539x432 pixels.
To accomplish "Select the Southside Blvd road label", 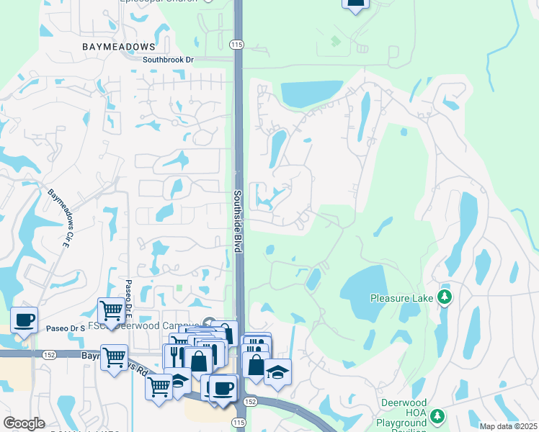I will tap(236, 220).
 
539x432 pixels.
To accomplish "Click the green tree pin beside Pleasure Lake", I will tap(445, 297).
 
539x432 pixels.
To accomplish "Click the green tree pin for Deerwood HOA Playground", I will tap(437, 416).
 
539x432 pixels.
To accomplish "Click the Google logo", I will tap(24, 423).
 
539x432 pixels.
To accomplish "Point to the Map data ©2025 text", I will tap(508, 426).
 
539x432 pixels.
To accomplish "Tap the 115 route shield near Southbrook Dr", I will tap(236, 45).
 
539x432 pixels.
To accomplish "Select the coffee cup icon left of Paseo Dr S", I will tap(24, 319).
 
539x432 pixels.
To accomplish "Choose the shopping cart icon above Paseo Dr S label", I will tap(111, 310).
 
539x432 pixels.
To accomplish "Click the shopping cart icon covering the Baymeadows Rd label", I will tap(115, 356).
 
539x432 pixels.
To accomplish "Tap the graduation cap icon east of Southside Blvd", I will tap(277, 372).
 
